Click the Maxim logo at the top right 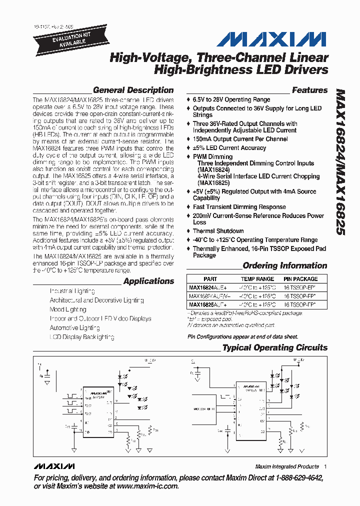[x=282, y=39]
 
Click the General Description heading [x=133, y=90]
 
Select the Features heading [x=309, y=90]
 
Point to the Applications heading [x=148, y=281]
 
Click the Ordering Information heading [x=284, y=266]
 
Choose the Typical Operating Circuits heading [x=274, y=348]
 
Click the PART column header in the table [x=210, y=279]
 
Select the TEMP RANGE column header [x=257, y=279]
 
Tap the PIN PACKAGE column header [x=300, y=279]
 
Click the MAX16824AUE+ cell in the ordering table [x=208, y=287]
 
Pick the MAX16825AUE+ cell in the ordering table [x=208, y=304]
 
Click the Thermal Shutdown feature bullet [x=218, y=231]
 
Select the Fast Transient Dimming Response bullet [x=239, y=207]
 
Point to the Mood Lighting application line [x=68, y=309]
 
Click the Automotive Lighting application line [x=74, y=328]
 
